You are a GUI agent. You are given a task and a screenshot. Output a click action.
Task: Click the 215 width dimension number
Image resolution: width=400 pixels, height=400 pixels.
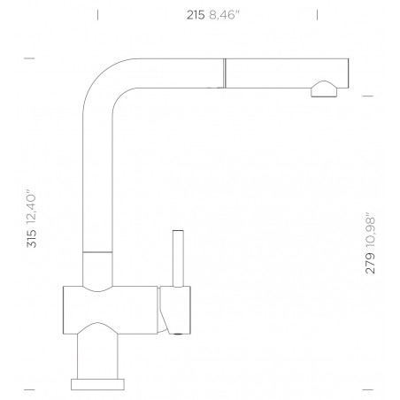pyautogui.click(x=195, y=13)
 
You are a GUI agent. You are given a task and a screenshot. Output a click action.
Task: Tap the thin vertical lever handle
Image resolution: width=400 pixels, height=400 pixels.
pyautogui.click(x=177, y=257)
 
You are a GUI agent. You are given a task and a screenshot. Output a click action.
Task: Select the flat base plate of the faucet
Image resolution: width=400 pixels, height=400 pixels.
pyautogui.click(x=99, y=384)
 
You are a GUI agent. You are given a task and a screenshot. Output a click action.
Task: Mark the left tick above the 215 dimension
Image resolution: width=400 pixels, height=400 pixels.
pyautogui.click(x=97, y=14)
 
